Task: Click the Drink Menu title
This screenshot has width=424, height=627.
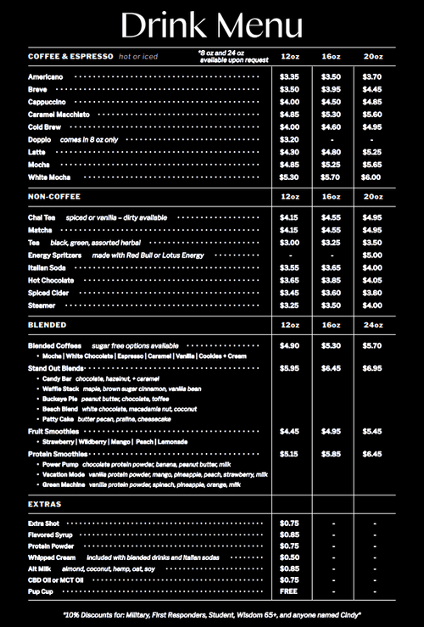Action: coord(211,25)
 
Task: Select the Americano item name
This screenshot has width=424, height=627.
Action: coord(44,76)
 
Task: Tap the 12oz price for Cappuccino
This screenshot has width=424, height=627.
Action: coord(289,102)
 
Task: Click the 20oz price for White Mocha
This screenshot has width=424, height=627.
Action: coord(371,177)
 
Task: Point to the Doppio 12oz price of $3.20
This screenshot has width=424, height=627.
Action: coord(289,139)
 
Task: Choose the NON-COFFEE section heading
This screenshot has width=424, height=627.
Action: coord(53,198)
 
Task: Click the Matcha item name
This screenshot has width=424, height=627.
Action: coord(40,230)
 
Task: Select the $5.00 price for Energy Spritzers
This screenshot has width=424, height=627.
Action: coord(371,255)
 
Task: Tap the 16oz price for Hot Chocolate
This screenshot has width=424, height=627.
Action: coord(331,280)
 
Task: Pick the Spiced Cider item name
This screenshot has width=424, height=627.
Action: coord(49,293)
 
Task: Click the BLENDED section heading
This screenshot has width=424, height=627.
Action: coord(47,325)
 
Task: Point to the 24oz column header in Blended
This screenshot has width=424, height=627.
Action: coord(371,325)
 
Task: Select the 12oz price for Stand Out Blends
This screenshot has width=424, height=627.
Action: coord(289,368)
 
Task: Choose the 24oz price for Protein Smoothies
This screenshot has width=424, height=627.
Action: coord(371,454)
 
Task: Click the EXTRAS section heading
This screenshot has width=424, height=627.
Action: coord(44,505)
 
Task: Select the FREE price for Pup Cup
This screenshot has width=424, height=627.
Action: coord(289,591)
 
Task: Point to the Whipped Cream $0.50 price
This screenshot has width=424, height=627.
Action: coord(289,557)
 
